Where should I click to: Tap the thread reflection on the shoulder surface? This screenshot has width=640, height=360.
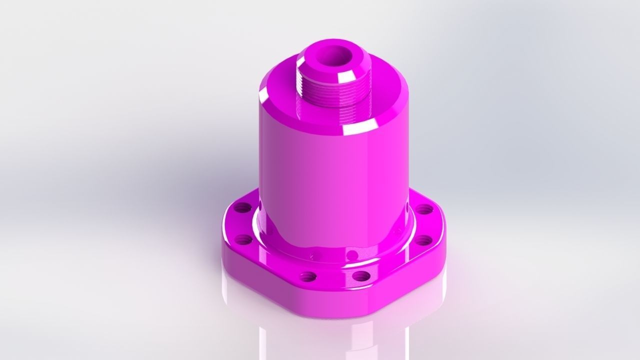[x=305, y=112]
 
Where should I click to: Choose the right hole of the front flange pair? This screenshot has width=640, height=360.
[x=360, y=276]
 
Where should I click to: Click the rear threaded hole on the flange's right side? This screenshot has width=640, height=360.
[x=424, y=209]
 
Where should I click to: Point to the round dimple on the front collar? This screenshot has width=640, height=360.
[x=313, y=256]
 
